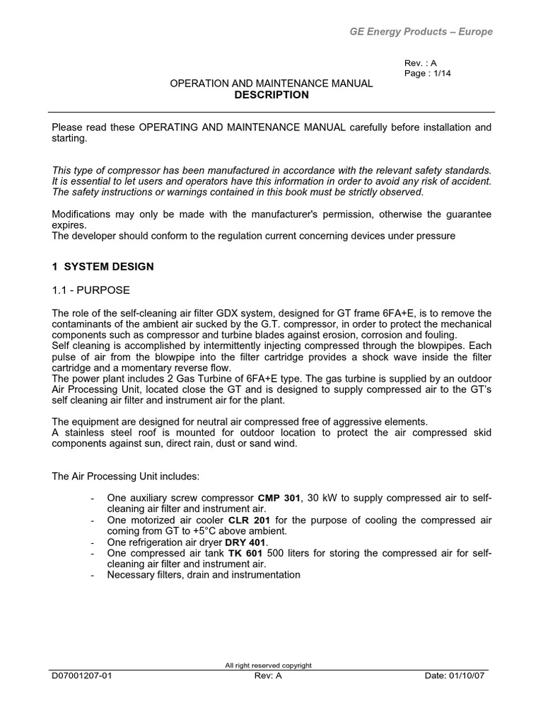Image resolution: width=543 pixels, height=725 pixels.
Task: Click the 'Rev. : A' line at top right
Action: (420, 62)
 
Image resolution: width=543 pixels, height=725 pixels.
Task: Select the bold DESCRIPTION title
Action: (271, 95)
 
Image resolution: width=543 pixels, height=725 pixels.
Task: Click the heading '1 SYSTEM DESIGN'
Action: (103, 267)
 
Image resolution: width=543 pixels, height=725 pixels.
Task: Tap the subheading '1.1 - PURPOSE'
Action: (91, 290)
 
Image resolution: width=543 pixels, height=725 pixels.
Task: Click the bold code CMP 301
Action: (279, 498)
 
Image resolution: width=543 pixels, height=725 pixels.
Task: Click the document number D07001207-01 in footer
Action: (82, 675)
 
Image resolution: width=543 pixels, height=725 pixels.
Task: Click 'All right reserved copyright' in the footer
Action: (268, 666)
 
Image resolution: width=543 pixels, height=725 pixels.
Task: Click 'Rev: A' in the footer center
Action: (269, 675)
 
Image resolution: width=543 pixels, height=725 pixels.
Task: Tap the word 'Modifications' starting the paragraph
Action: (82, 215)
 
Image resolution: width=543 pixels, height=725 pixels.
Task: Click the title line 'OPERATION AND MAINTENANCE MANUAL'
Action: (271, 84)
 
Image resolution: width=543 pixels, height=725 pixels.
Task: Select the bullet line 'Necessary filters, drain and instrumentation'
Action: (204, 575)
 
